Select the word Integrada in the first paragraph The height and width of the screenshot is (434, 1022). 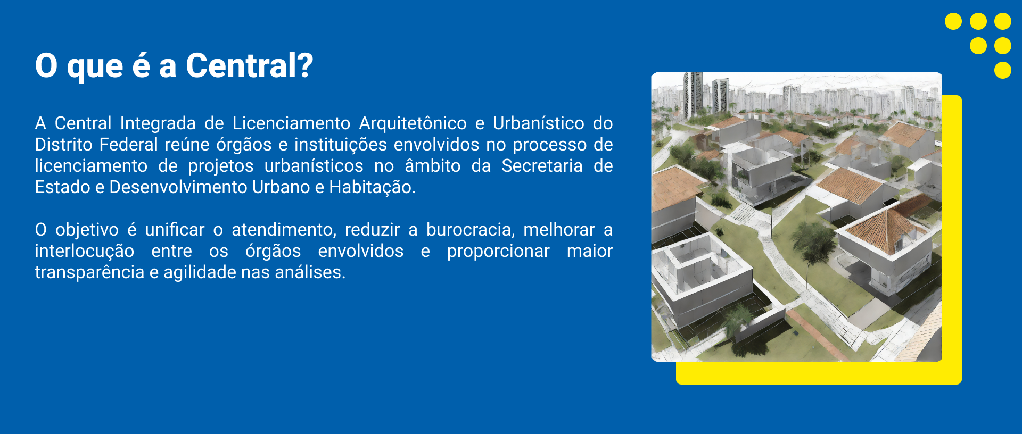(x=158, y=124)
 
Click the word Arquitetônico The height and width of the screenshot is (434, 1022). (x=413, y=123)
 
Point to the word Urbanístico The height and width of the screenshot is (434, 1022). (x=539, y=123)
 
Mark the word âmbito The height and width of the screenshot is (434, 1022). (x=433, y=166)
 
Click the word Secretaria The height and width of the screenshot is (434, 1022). (x=542, y=166)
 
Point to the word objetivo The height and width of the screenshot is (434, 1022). (x=87, y=230)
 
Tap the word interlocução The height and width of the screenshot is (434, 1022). (x=85, y=252)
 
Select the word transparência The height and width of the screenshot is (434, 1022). (x=89, y=273)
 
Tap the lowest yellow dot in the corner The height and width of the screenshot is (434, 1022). (x=1003, y=70)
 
